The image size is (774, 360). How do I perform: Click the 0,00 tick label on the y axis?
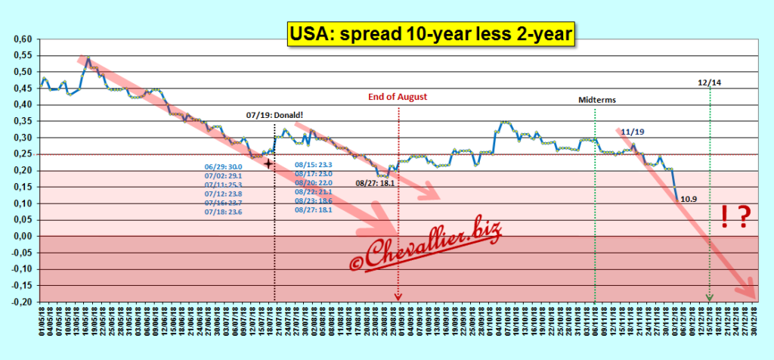21,236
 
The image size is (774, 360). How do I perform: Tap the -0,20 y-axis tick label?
20,302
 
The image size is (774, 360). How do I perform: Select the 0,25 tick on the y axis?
21,154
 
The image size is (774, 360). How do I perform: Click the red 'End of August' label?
398,97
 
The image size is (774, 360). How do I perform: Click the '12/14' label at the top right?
709,82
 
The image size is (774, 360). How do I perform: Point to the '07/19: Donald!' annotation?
273,115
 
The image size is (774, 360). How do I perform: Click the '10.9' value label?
689,200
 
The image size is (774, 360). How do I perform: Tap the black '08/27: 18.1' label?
375,182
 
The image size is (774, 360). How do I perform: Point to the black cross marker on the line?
268,162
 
